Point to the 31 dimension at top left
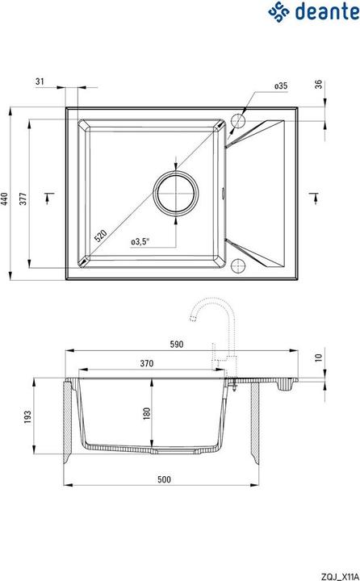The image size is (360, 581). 40,82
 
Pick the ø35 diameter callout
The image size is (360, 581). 281,85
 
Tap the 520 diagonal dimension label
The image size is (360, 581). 99,236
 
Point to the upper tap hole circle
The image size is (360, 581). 239,122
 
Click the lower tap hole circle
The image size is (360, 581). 239,266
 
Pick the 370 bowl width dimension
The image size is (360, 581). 148,363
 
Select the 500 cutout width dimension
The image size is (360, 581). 165,479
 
